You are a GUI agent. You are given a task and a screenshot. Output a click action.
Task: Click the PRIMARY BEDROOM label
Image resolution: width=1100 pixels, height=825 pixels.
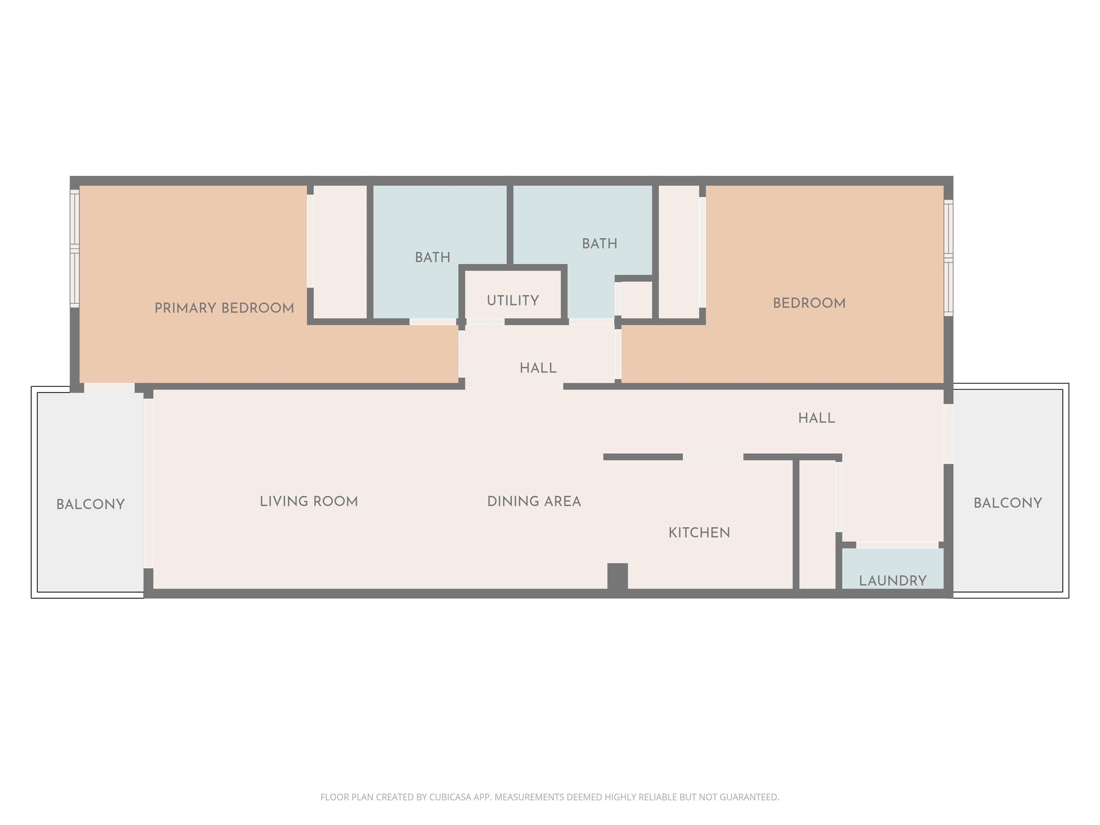pos(224,308)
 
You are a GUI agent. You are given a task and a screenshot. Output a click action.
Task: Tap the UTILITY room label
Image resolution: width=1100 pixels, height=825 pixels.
pos(513,301)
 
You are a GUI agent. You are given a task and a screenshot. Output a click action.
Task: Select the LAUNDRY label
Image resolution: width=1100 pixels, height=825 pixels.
pos(893,581)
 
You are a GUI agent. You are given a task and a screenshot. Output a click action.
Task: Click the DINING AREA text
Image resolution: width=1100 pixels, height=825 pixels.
pos(534,502)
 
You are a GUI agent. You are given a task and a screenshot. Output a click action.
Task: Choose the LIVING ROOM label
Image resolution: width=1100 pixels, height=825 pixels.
pos(309,502)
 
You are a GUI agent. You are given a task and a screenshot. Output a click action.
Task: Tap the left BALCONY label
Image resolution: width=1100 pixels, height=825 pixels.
pos(91,505)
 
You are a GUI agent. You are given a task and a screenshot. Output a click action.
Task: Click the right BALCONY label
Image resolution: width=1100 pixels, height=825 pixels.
pos(1008,503)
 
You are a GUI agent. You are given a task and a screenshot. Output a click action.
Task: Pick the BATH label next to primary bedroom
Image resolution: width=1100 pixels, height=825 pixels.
pos(433,257)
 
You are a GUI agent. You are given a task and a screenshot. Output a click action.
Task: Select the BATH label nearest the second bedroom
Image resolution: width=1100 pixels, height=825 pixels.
pos(600,244)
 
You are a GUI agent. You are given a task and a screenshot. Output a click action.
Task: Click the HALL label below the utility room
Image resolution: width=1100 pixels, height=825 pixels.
pos(538,368)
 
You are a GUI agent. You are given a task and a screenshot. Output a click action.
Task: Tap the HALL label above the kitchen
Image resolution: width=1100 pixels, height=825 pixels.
pos(816,418)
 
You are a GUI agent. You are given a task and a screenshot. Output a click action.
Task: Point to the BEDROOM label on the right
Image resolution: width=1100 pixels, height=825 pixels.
pos(809,303)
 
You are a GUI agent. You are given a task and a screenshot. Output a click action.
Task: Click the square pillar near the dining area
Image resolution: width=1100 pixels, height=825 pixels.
pos(618,576)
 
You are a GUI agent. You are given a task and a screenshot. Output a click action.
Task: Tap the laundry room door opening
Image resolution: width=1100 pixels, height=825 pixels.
pos(897,545)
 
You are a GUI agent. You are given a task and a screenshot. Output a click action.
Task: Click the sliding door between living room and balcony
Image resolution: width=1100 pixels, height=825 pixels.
pos(148,483)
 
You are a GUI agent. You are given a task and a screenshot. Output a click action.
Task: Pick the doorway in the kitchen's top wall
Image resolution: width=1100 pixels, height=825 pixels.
pos(713,457)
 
